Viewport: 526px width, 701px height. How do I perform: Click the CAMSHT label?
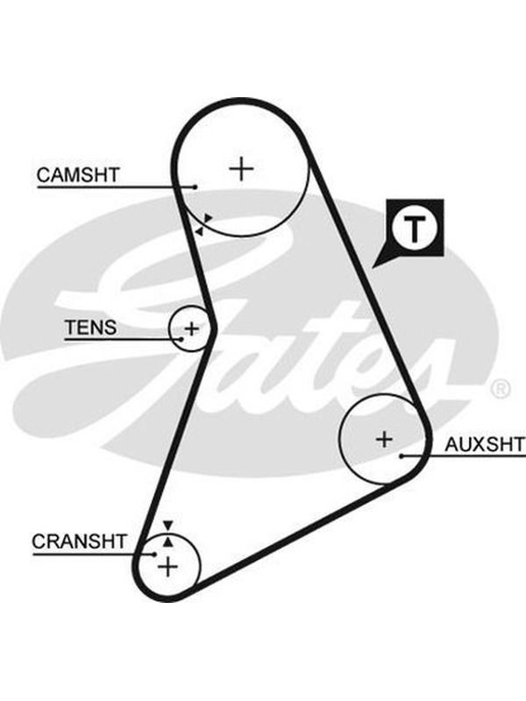coord(78,174)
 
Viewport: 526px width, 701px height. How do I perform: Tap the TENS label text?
coord(91,327)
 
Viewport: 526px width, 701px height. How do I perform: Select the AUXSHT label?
coord(485,444)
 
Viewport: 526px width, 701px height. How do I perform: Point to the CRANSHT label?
coord(80,542)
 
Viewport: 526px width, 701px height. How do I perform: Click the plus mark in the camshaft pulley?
coord(242,168)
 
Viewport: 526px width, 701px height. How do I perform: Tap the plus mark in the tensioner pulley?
coord(192,329)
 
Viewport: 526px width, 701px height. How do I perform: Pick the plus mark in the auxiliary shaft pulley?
coord(384,439)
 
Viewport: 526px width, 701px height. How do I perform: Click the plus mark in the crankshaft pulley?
coord(168,567)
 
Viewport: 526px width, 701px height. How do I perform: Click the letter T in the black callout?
coord(415,229)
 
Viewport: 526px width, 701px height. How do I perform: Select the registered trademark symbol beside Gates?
coord(501,389)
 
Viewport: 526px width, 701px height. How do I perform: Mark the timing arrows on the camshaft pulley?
coord(203,224)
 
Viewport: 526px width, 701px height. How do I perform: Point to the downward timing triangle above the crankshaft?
coord(167,525)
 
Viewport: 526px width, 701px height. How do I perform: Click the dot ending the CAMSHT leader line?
coord(195,187)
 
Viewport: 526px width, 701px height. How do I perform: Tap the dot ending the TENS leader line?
coord(181,339)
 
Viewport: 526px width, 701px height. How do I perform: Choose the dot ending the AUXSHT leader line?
coord(402,456)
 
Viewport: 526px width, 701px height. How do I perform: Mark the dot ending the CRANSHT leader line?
coord(155,555)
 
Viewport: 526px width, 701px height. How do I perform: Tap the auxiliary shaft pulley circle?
coord(340,439)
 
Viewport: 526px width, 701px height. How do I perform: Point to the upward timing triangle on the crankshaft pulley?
coord(167,542)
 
